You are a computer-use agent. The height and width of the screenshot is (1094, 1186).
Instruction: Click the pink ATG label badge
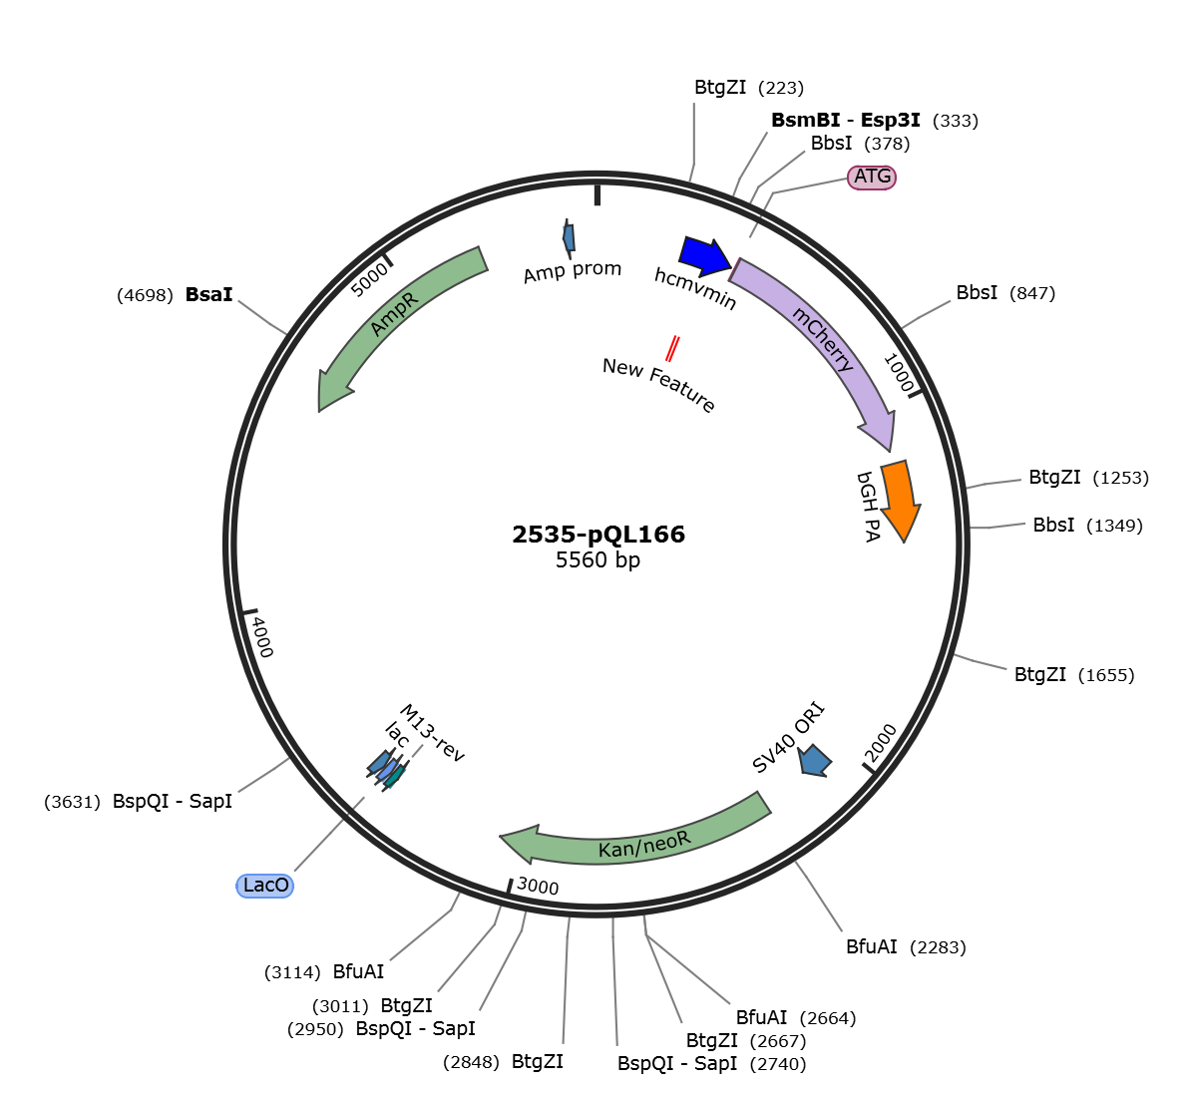872,177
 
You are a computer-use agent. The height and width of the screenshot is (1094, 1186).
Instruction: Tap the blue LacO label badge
264,886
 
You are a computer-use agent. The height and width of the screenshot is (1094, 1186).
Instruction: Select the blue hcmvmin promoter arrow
705,255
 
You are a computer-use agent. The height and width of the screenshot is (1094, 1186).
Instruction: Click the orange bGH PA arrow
900,501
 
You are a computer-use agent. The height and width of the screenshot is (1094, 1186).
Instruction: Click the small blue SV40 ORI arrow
815,760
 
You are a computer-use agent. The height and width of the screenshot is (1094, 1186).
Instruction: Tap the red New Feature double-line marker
671,349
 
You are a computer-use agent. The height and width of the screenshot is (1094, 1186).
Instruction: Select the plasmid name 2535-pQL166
598,535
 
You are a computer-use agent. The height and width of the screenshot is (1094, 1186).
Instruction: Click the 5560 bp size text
597,560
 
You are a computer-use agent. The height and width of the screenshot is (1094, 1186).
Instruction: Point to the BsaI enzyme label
208,295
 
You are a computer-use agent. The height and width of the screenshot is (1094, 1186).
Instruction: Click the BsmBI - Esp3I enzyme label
846,121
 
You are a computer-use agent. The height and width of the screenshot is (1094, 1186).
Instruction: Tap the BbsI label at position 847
977,292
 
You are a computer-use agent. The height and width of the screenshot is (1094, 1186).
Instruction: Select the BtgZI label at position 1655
1040,674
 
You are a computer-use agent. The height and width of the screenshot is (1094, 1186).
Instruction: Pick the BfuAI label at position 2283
872,946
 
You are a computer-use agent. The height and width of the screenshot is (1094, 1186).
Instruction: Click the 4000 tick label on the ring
261,636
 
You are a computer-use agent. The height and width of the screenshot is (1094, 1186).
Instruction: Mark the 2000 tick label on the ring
881,743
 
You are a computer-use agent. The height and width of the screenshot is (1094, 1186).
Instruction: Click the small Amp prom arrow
569,237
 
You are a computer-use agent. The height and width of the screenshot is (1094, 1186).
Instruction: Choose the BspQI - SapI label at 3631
172,802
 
